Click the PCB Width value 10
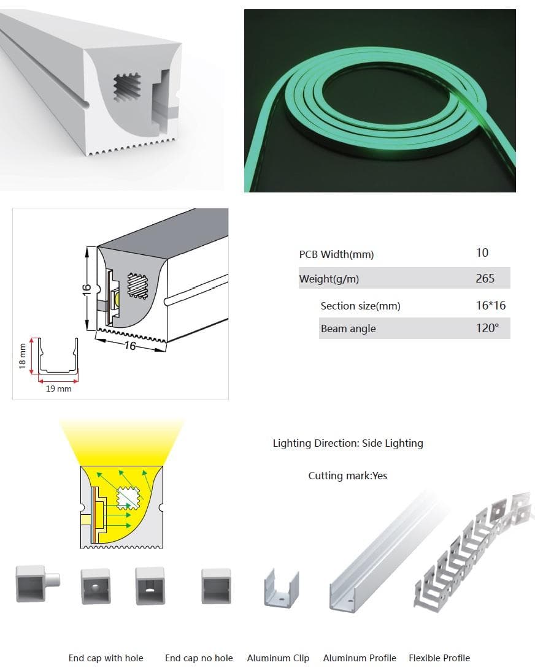pos(482,252)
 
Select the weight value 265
pos(485,278)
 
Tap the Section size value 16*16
pos(491,305)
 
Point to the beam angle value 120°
pos(487,328)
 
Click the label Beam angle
pos(348,328)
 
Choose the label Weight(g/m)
pos(329,279)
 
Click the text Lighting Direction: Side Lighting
pos(348,442)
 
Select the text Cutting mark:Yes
pos(348,475)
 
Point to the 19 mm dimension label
pos(59,389)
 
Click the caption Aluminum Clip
pos(278,658)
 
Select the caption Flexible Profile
pos(439,658)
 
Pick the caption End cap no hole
pos(199,658)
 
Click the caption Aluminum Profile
pos(360,658)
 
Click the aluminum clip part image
pos(281,588)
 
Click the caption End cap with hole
pos(106,658)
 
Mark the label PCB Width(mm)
pos(336,254)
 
